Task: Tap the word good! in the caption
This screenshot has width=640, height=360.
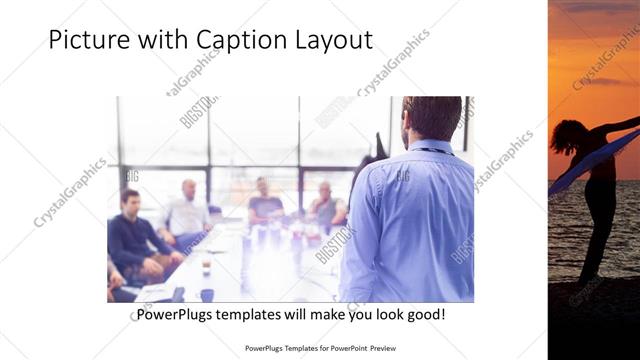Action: pyautogui.click(x=424, y=315)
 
